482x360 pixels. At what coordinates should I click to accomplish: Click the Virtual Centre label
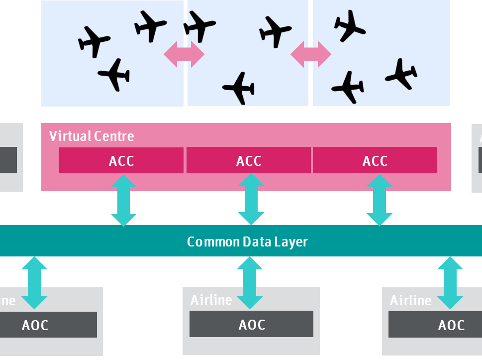pos(92,136)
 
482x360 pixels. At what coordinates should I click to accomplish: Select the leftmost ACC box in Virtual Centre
pos(121,161)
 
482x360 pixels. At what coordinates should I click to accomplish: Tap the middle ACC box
pos(249,161)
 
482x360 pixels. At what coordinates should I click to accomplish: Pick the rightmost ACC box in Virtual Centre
pos(375,161)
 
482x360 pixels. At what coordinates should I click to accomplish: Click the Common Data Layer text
pos(247,241)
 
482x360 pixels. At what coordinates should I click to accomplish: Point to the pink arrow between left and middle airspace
pos(184,54)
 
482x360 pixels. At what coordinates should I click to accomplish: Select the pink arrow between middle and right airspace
pos(311,54)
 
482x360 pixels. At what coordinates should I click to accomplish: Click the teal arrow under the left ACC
pos(123,200)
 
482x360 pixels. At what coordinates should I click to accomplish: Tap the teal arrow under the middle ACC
pos(251,200)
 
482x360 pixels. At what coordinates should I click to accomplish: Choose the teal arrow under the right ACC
pos(380,200)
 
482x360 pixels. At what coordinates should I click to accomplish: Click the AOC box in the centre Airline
pos(252,324)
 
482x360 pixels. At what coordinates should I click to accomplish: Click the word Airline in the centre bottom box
pos(211,300)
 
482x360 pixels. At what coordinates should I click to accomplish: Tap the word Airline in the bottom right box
pos(410,300)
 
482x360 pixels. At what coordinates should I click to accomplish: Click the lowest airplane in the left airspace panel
pos(115,75)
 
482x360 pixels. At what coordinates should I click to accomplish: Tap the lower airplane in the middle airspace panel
pos(239,88)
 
